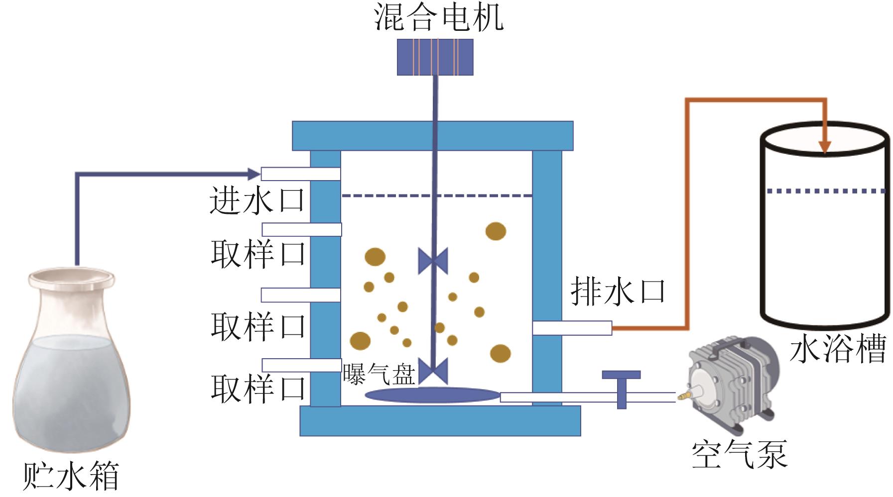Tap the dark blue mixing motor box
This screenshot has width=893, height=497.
coord(435,57)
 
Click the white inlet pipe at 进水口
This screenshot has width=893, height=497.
coord(300,174)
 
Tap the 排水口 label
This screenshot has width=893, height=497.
coord(618,291)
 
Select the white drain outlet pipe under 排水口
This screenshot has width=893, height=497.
coord(572,328)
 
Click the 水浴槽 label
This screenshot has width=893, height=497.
coord(838,349)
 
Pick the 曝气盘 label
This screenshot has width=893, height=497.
coord(379,374)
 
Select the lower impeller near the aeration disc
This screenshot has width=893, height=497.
coord(433,371)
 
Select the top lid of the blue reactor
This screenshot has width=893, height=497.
coord(432,135)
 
